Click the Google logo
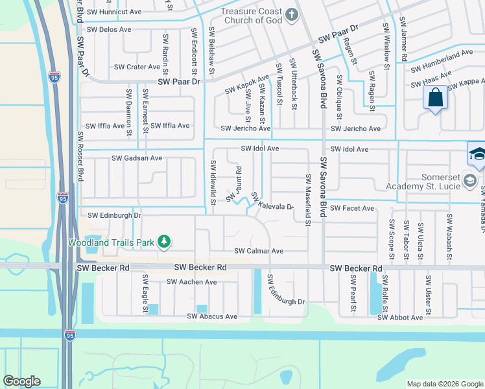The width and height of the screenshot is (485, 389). (x=21, y=381)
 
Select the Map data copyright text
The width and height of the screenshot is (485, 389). (x=444, y=383)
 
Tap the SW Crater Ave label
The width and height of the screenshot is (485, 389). (x=137, y=67)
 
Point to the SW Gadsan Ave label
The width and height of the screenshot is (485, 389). (x=137, y=158)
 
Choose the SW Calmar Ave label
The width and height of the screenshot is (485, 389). (x=259, y=251)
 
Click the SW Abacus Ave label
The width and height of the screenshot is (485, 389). (x=212, y=316)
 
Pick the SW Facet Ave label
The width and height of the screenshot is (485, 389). (x=352, y=208)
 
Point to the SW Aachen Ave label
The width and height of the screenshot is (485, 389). (x=191, y=282)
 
